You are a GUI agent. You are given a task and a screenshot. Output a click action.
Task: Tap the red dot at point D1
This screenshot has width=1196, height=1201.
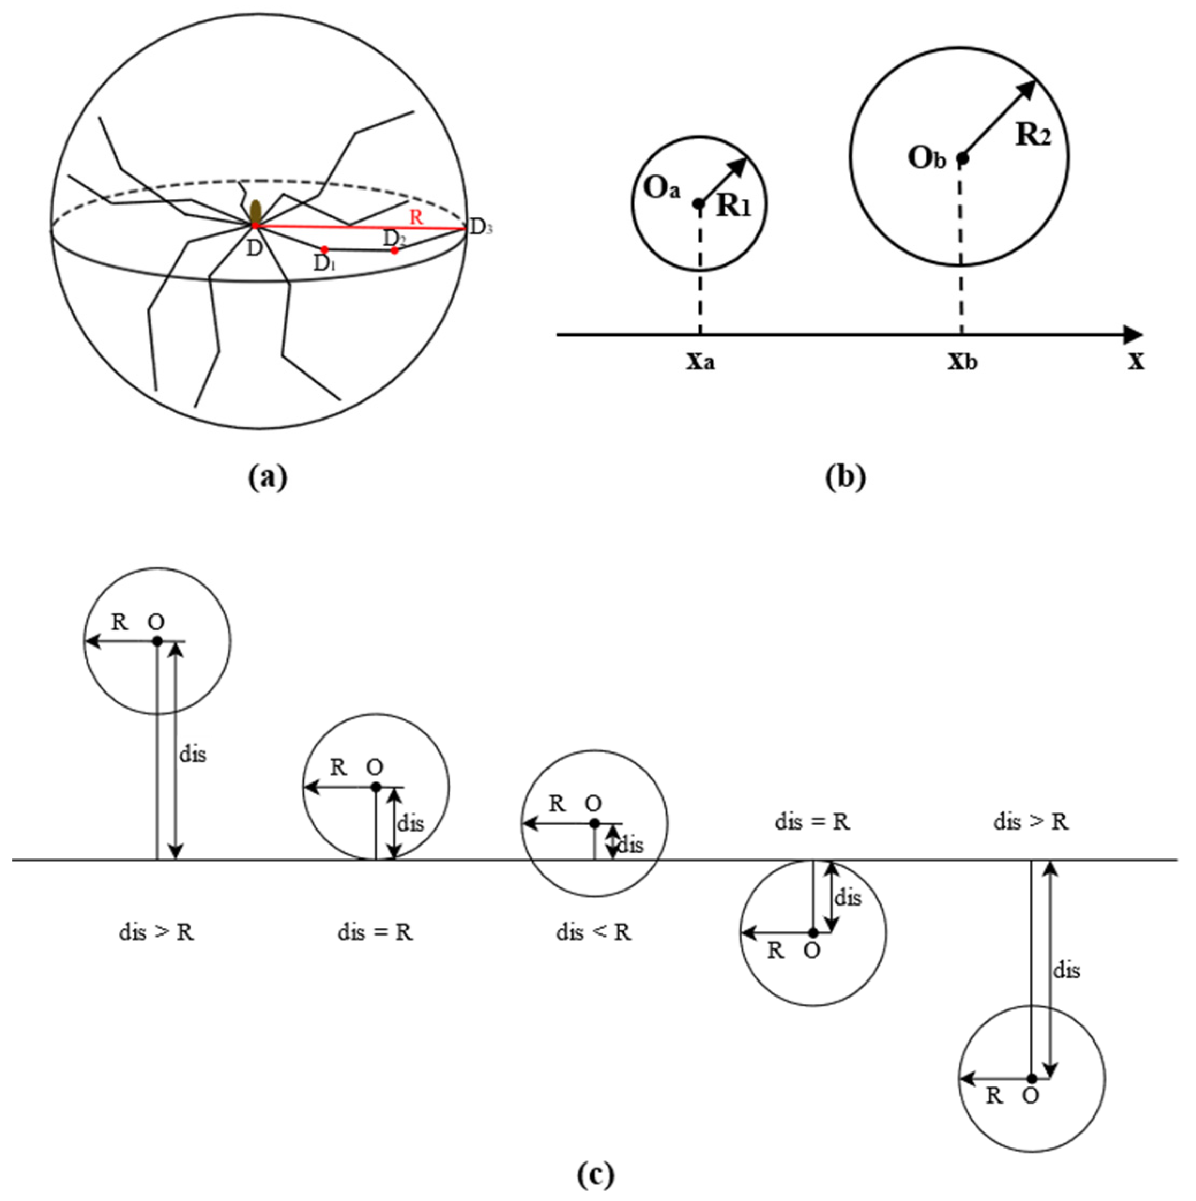(x=324, y=249)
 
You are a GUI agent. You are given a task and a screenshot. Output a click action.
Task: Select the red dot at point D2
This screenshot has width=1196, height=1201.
(x=394, y=250)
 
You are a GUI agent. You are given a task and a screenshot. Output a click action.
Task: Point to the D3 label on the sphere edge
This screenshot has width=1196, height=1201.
(x=481, y=227)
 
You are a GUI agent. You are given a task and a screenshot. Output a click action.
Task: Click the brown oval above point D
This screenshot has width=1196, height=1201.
(x=255, y=211)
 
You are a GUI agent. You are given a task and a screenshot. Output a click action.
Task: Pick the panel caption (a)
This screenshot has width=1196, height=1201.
(x=268, y=477)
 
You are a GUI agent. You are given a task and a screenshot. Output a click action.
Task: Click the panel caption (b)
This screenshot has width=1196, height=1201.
(x=845, y=477)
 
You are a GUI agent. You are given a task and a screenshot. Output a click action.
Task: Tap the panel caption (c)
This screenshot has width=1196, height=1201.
(x=595, y=1174)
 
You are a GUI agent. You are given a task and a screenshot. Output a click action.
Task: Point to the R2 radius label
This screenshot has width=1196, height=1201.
(x=1033, y=135)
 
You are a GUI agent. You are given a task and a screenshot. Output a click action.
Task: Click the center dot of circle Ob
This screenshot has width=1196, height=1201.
(x=962, y=159)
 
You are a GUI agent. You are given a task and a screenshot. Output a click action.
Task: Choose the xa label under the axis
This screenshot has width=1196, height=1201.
(x=700, y=362)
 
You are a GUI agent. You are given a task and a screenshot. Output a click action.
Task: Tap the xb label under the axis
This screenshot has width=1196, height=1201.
(x=962, y=362)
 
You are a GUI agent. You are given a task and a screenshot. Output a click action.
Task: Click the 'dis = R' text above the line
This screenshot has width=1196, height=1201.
(x=812, y=822)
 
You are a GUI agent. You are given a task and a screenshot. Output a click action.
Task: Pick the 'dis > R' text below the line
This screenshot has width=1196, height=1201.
(x=156, y=932)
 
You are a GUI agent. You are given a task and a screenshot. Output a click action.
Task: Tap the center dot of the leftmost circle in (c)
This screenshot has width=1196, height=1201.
(x=157, y=640)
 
